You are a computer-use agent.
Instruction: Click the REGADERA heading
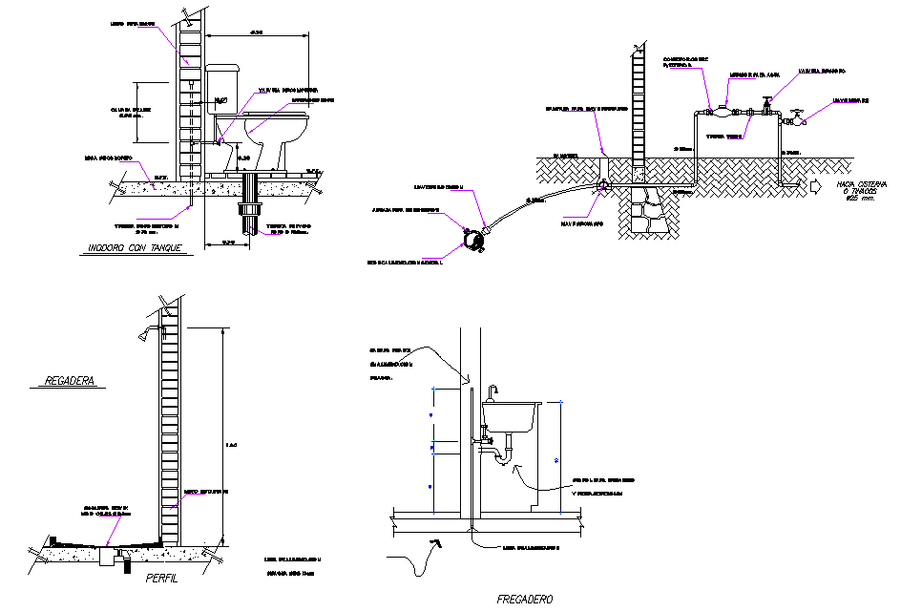tap(71, 381)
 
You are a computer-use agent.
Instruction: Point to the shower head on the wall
tap(143, 332)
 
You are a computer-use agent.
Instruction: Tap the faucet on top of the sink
tap(493, 390)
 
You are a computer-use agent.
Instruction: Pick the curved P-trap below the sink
tap(503, 456)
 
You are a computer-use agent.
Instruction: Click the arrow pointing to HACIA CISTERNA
tap(817, 184)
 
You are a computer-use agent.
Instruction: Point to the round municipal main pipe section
tap(471, 240)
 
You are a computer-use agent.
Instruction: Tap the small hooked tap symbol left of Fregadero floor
tap(435, 544)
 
